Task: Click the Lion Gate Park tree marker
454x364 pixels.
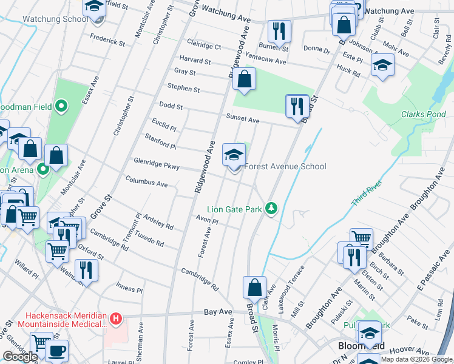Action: click(272, 209)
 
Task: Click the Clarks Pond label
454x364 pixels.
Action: click(424, 114)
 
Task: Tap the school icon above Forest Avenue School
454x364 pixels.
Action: click(234, 154)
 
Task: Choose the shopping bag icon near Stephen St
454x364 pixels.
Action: click(244, 79)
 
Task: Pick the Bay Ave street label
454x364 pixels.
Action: click(218, 312)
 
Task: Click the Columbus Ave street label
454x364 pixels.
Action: click(146, 182)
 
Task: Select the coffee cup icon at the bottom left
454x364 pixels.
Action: click(56, 351)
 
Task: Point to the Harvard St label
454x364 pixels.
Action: click(195, 61)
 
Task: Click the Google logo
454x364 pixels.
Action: click(20, 357)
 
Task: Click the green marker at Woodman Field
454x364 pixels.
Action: click(61, 107)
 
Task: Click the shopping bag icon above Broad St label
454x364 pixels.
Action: click(255, 287)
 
